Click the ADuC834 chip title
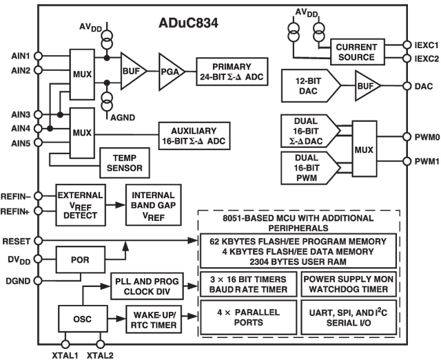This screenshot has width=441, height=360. coord(188,23)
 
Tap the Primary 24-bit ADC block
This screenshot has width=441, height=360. coord(232,72)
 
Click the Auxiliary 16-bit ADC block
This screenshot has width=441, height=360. coord(194,136)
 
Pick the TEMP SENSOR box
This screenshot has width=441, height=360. coord(124,163)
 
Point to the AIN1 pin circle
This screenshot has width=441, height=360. coord(38,56)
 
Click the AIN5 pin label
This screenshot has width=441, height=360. coord(21,144)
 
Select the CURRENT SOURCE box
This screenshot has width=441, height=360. coord(357,52)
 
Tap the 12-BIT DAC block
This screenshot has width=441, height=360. coord(311,86)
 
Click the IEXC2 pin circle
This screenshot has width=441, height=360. coord(407,59)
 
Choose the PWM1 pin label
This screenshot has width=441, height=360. coord(427,162)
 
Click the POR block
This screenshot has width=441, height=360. coord(81,260)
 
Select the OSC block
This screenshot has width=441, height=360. coord(83,319)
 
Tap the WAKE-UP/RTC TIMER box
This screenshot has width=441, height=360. coord(154,320)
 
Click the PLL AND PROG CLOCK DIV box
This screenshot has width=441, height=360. coord(147,286)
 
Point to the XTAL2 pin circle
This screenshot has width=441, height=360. coord(101,344)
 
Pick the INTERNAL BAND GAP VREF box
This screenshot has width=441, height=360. coord(153,205)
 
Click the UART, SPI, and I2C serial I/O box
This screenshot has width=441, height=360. coord(349,317)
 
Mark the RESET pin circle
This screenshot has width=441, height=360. coord(38,241)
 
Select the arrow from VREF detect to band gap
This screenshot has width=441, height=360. coord(116,205)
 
